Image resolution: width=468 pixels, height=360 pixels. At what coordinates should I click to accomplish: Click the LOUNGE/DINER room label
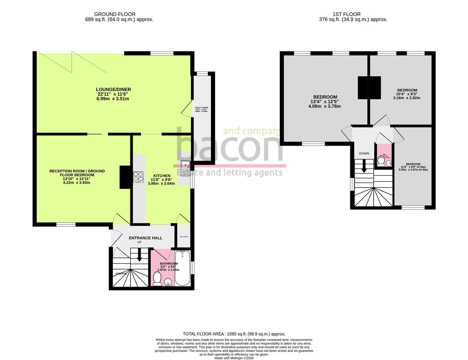[113, 89]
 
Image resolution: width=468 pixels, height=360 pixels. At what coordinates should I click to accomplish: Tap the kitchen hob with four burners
[138, 177]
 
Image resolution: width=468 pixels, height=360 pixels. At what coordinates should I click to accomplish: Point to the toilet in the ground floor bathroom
[157, 279]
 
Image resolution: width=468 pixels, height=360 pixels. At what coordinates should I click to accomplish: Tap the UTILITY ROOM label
[201, 108]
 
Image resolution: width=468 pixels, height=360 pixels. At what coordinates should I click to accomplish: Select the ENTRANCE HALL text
[146, 238]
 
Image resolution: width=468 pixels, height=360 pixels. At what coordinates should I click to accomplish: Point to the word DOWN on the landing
[364, 153]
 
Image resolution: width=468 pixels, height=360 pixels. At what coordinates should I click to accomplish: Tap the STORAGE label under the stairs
[121, 273]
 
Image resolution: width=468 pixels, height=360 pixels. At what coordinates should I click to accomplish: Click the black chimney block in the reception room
[125, 177]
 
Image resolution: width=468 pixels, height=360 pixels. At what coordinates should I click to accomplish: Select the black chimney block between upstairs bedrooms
[369, 88]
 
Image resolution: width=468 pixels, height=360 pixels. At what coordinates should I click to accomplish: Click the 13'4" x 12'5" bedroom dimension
[325, 102]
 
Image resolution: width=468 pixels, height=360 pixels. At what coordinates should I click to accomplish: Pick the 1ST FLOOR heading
[346, 14]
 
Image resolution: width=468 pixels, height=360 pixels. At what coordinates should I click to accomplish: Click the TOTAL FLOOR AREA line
[234, 334]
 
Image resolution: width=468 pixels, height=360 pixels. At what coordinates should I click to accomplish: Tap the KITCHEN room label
[162, 176]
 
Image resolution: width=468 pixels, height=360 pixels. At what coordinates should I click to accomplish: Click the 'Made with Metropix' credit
[234, 358]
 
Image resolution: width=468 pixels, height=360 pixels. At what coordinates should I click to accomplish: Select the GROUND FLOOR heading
[115, 14]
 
